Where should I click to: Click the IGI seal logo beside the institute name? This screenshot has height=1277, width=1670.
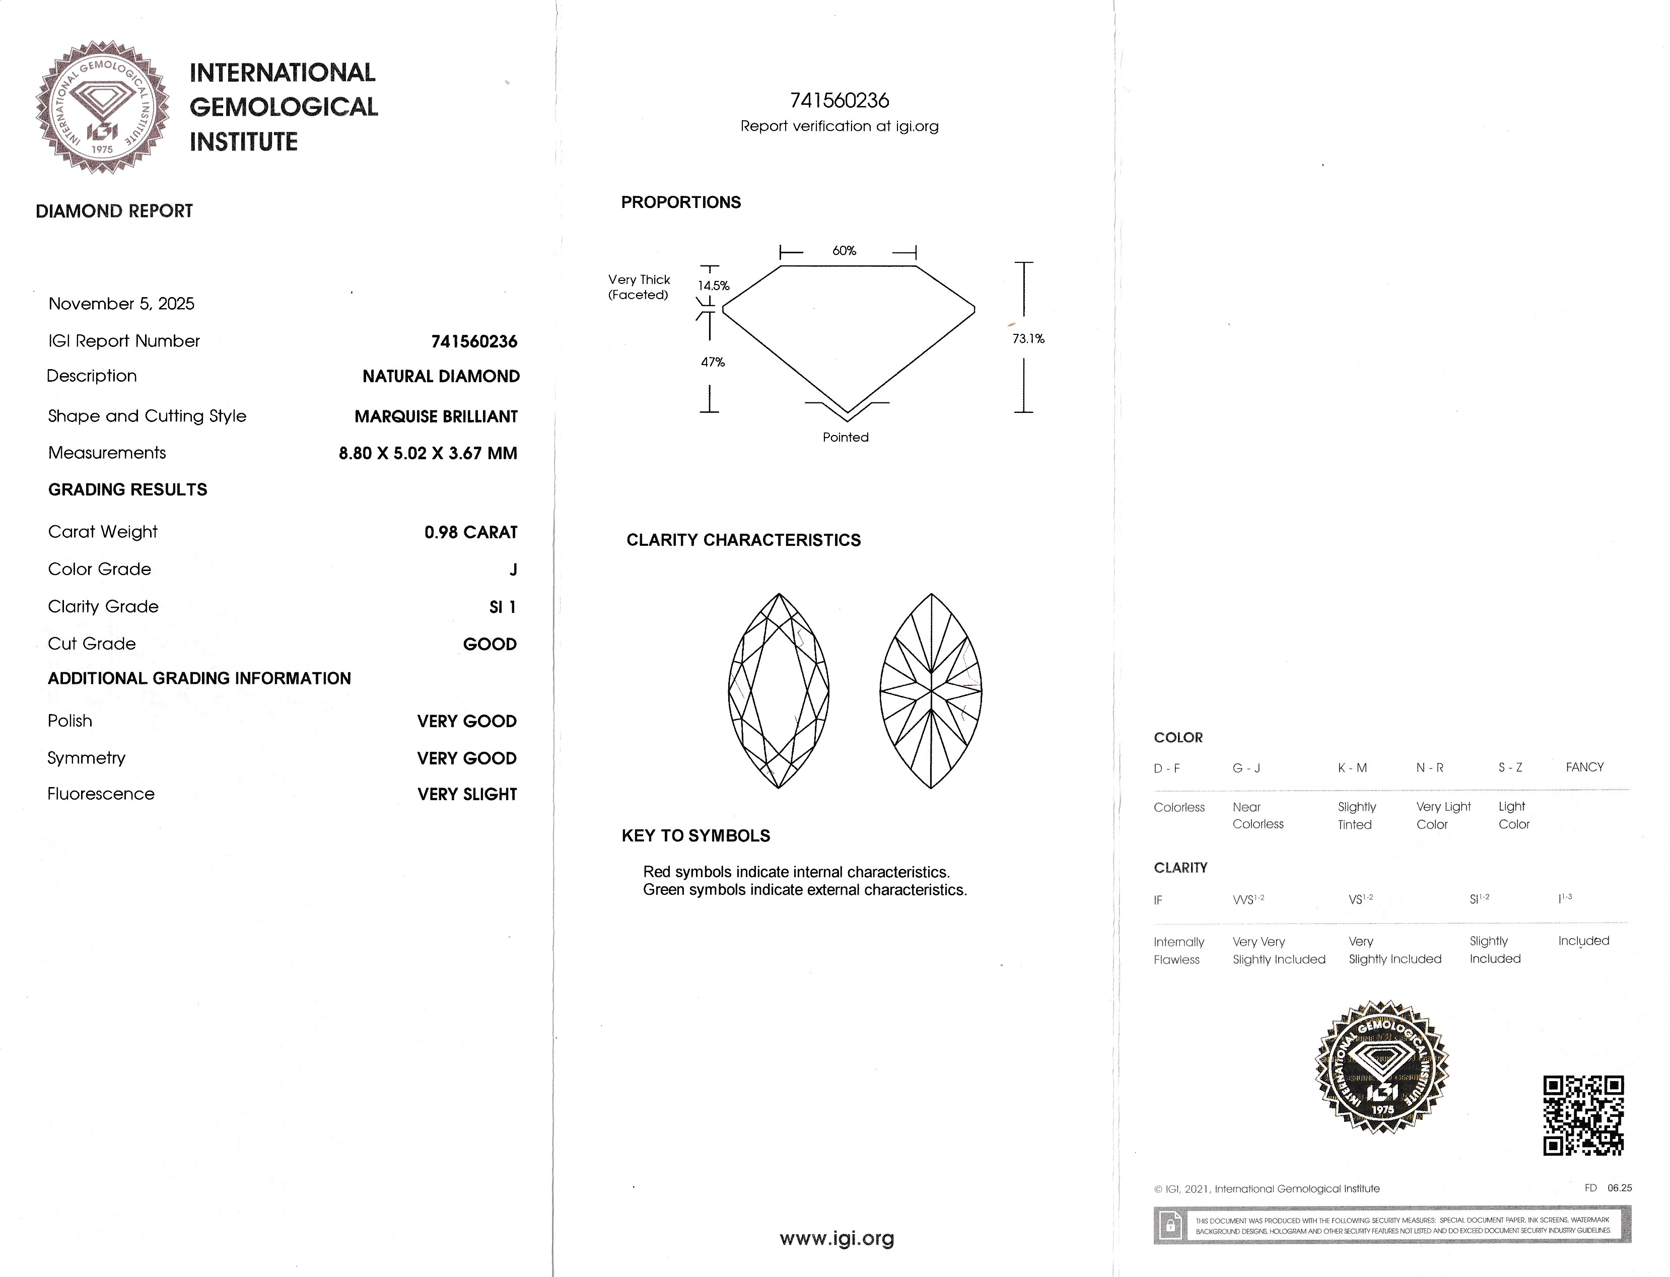coord(103,106)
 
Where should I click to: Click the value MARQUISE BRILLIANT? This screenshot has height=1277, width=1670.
coord(436,416)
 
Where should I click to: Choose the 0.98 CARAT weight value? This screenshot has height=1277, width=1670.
coord(470,533)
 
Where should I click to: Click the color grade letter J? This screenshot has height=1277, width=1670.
coord(513,570)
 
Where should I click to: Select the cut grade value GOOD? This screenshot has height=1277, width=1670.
coord(490,645)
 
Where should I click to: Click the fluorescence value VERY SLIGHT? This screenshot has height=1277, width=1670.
coord(467,794)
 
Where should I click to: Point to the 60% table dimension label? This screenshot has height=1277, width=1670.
coord(844,251)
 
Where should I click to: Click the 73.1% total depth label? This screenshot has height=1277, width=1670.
coord(1028,339)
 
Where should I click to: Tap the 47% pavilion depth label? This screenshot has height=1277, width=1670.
coord(712,363)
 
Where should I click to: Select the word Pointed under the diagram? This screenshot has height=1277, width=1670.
coord(845,438)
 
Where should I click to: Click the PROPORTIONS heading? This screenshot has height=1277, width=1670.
coord(680,203)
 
